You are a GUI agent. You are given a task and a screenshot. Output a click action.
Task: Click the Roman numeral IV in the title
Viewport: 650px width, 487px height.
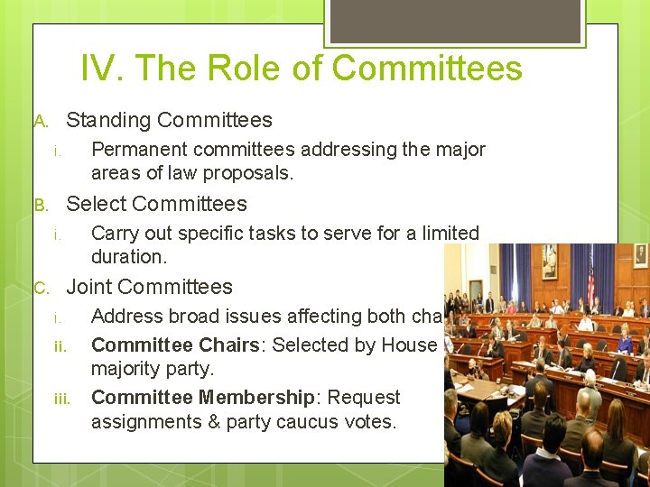[x=98, y=69]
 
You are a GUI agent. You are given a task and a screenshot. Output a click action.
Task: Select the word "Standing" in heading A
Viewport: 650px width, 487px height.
[x=108, y=120]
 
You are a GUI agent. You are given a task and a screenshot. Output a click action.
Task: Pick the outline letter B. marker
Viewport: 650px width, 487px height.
[x=41, y=205]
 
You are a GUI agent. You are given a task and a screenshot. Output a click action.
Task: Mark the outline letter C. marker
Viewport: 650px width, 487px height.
[x=41, y=289]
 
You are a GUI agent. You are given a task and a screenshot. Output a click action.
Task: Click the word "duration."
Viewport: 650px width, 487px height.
[x=129, y=257]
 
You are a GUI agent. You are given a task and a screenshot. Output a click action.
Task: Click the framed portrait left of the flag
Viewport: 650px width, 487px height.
[x=549, y=262]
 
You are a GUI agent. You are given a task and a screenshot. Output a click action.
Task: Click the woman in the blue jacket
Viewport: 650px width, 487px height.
[x=624, y=342]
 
